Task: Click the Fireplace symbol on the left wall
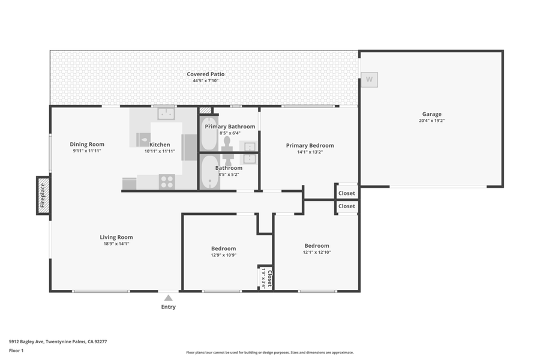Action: coord(43,196)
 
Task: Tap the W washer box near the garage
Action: coord(370,79)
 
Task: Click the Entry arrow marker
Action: coord(169,298)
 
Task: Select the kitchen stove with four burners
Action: coord(167,181)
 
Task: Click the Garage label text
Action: coord(431,114)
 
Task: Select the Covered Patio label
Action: coord(206,74)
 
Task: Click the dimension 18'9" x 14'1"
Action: coord(116,244)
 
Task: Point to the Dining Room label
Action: coord(87,144)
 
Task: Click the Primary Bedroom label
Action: coord(310,145)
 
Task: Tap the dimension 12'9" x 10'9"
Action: coord(223,255)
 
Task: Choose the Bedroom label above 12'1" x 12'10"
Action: coord(316,245)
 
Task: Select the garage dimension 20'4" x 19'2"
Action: coord(431,121)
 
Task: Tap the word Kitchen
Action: coord(160,145)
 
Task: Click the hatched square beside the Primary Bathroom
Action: coord(206,111)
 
